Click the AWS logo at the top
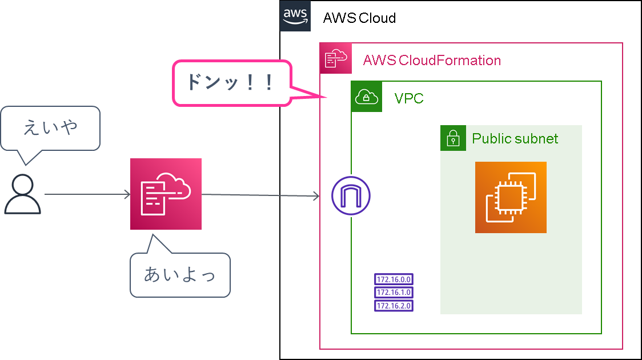click(295, 16)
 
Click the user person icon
click(23, 194)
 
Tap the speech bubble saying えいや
click(50, 128)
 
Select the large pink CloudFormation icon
click(166, 194)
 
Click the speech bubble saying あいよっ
click(180, 275)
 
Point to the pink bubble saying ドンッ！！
click(232, 83)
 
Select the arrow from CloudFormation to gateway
click(260, 195)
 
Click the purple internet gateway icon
click(351, 195)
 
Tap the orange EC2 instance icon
click(511, 197)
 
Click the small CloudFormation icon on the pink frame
click(336, 58)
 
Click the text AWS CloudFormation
click(432, 61)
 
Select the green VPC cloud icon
click(367, 97)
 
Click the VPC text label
click(409, 98)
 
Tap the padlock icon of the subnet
click(453, 138)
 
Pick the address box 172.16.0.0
click(394, 279)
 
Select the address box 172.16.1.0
click(394, 293)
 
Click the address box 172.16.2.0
click(394, 306)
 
